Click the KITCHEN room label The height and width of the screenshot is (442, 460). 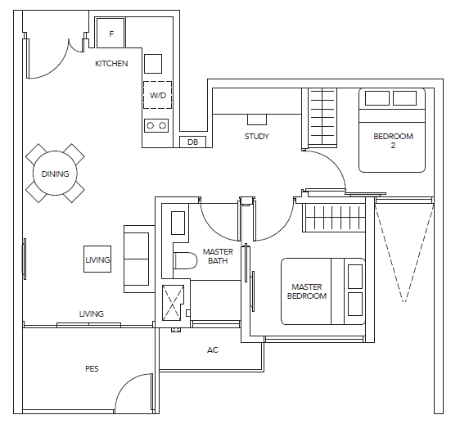pos(111,63)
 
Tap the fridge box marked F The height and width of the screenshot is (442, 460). pos(110,33)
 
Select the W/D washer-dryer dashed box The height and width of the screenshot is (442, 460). pos(157,95)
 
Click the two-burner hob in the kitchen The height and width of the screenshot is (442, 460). pos(156,125)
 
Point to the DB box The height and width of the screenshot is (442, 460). pos(192,142)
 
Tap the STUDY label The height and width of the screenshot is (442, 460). pos(257,136)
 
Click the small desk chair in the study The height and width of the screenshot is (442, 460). pos(257,120)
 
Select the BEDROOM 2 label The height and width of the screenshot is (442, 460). pos(393,141)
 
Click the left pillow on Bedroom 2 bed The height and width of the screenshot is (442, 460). pos(377,98)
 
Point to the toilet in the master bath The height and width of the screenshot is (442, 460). pos(186,260)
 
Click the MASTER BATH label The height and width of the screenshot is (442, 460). pos(218,256)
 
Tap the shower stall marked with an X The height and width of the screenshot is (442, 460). pos(173,303)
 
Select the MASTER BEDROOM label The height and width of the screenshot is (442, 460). pos(307,291)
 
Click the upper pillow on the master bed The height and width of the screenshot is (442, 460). pos(355,277)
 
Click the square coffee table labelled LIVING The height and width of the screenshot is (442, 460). pos(97,259)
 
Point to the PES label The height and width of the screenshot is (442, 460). pos(92,368)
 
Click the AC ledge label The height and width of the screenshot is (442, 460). pos(213,350)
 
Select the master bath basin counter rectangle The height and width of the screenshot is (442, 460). pos(178,223)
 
